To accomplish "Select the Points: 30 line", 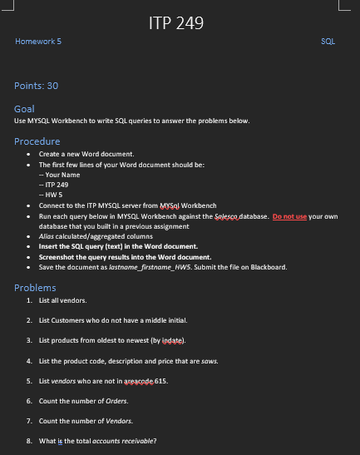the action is (x=37, y=86).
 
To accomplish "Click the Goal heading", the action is (x=24, y=109).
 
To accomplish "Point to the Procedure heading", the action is (x=37, y=141).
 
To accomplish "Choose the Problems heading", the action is (x=35, y=287).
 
